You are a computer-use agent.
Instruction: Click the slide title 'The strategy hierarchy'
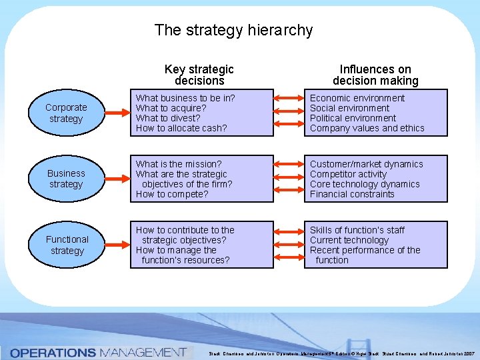coord(233,30)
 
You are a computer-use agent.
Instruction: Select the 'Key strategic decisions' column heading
coord(199,75)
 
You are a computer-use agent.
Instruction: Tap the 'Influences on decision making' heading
coord(375,75)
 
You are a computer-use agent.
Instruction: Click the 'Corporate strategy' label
coord(66,113)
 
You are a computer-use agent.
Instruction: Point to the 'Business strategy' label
coord(66,179)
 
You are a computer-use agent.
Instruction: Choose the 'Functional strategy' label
coord(67,245)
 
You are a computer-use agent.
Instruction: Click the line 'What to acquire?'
coord(171,108)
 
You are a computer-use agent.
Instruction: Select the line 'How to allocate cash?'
coord(181,128)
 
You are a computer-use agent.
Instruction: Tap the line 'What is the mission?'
coord(178,164)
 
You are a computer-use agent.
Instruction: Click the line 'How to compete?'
coord(172,194)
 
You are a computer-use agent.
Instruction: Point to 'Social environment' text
coord(349,108)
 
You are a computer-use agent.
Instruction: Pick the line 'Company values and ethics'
coord(367,128)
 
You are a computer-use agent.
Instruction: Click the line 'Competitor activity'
coord(348,174)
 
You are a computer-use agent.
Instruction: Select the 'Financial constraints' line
coord(352,194)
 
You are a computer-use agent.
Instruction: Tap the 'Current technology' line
coord(349,240)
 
